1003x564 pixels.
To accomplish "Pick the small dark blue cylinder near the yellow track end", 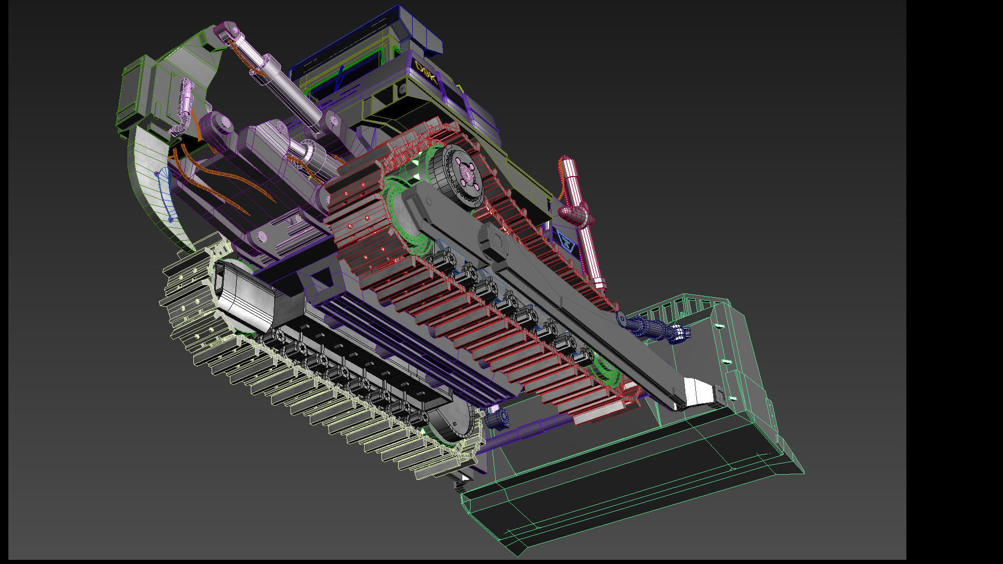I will click(x=497, y=417).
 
